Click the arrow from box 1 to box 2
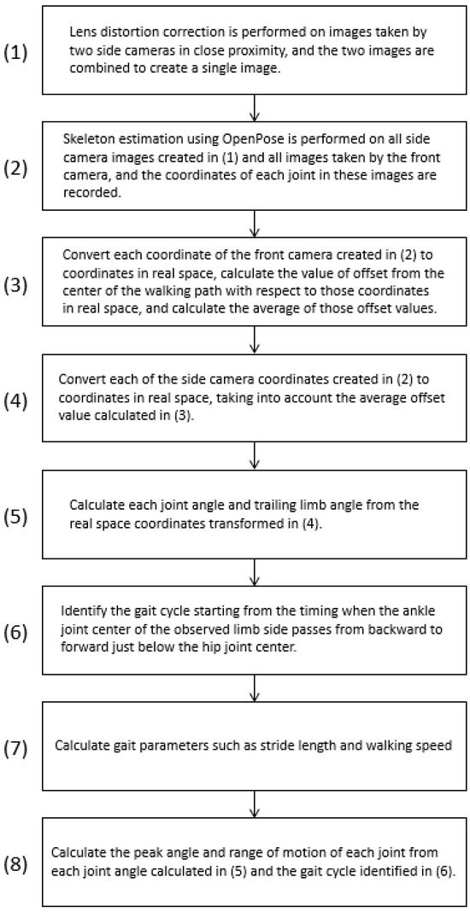click(255, 104)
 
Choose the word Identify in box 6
click(84, 615)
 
